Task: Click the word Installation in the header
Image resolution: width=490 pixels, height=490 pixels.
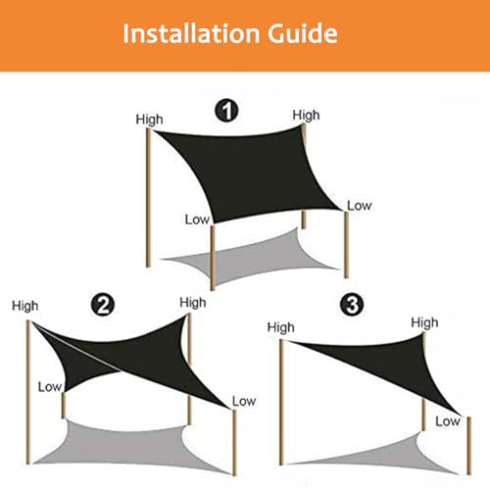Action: coord(191,33)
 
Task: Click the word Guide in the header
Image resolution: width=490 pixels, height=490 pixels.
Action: coord(303,33)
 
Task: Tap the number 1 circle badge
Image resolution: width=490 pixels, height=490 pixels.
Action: coord(226,111)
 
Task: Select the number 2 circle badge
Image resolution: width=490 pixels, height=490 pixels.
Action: coord(103,305)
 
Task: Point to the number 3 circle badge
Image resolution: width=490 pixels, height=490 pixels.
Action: coord(352,305)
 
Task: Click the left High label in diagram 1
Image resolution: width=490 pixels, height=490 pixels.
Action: coord(149,120)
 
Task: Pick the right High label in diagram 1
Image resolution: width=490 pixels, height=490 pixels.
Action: coord(306,116)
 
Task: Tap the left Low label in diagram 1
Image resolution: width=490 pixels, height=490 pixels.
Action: coord(197,220)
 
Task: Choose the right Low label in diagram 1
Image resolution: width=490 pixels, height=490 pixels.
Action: coord(360,206)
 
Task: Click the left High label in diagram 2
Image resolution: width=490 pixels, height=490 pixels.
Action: coord(25,306)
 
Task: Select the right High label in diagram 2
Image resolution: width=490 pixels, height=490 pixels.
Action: coord(193,303)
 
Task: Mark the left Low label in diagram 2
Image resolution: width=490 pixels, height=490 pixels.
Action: coord(50,387)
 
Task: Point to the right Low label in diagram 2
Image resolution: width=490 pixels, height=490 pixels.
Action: coord(244,401)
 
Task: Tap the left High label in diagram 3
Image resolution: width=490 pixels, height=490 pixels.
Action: coord(281,327)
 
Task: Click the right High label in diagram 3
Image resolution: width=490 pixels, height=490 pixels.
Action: coord(424,322)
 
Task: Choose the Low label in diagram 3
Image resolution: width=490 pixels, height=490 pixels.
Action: coord(448,421)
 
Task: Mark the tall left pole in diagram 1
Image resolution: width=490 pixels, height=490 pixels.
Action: coord(148,198)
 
